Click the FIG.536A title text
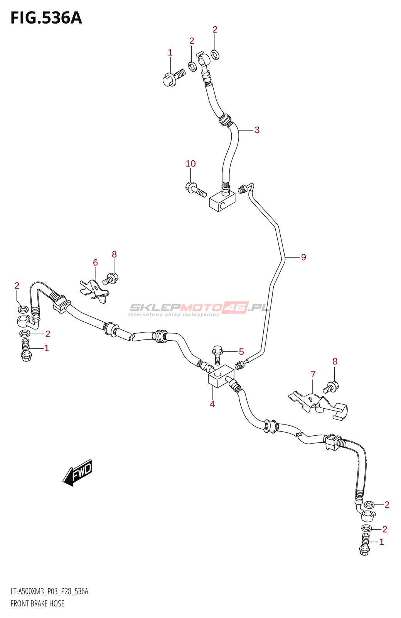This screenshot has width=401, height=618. coord(46,18)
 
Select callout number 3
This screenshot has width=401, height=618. coord(257,130)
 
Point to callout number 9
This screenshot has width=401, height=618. coord(303,257)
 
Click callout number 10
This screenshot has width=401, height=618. coord(191,164)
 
